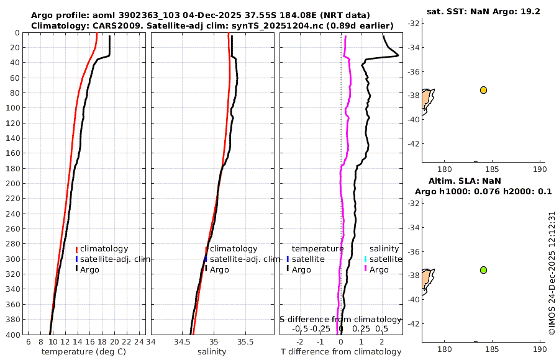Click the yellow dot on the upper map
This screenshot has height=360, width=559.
[483, 90]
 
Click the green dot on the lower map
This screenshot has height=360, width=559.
[483, 270]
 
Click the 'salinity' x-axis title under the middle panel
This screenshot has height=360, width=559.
[212, 352]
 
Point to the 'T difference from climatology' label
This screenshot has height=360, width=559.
[341, 352]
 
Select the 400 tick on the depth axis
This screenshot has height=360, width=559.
[13, 335]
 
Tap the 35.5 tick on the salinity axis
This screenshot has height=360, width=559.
[246, 342]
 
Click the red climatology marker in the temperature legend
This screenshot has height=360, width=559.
[76, 249]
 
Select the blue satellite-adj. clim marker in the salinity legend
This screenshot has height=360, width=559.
[206, 259]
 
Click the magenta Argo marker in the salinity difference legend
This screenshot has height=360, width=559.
[366, 269]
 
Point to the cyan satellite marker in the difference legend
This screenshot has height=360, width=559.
[366, 259]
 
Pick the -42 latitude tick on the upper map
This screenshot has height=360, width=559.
[414, 143]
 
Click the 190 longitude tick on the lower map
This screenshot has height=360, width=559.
[540, 349]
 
